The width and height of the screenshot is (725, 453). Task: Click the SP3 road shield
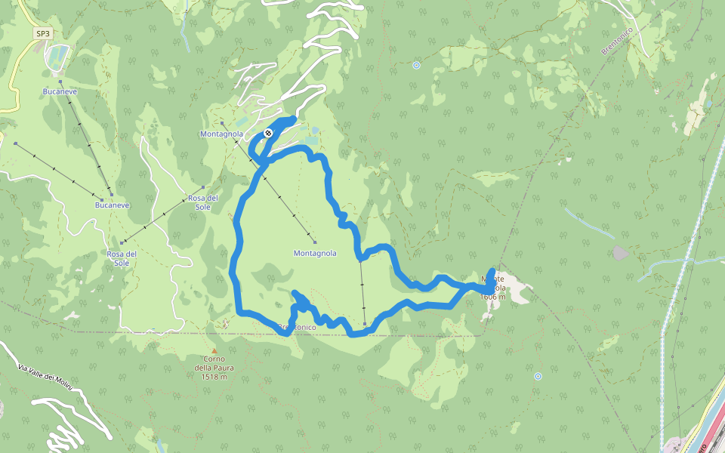tap(43, 34)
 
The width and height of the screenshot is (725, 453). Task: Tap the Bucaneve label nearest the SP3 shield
tap(60, 91)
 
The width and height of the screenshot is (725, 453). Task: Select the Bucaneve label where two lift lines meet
tap(113, 205)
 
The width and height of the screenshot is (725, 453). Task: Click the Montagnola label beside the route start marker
tap(221, 134)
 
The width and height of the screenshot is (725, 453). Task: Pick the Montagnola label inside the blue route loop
tap(315, 254)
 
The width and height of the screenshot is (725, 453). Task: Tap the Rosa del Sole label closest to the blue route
tap(202, 202)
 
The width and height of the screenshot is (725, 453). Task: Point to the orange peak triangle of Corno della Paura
tap(214, 351)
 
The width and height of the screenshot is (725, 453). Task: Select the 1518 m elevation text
tap(214, 376)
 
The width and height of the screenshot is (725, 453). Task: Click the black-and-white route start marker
tap(268, 134)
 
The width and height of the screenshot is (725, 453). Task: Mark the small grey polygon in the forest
tap(620, 253)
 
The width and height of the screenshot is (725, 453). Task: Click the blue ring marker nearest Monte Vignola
tap(538, 376)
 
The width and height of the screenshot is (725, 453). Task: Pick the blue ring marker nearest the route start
tap(416, 66)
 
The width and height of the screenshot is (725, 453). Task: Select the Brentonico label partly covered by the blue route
tap(296, 328)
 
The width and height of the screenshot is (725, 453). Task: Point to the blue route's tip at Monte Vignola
tap(493, 270)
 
